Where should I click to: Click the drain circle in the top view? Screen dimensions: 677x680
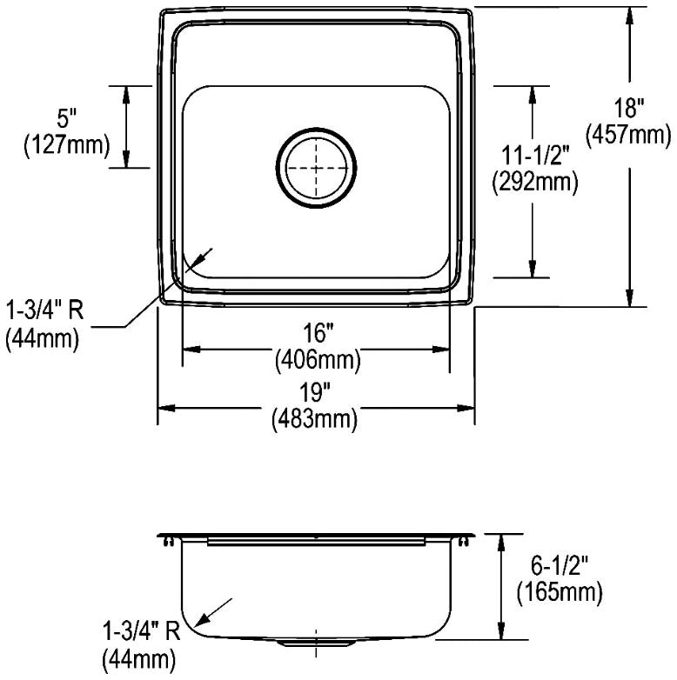[x=317, y=128]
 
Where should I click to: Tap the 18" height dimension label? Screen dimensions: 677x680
[x=629, y=108]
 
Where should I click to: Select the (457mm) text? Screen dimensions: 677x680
[x=628, y=136]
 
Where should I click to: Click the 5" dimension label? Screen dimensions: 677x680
[x=66, y=118]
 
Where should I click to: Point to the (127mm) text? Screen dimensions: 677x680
[x=66, y=145]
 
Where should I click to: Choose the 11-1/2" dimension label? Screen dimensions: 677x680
[x=534, y=156]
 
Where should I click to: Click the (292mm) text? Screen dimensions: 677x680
[x=534, y=183]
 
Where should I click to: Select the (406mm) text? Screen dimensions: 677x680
[x=318, y=359]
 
